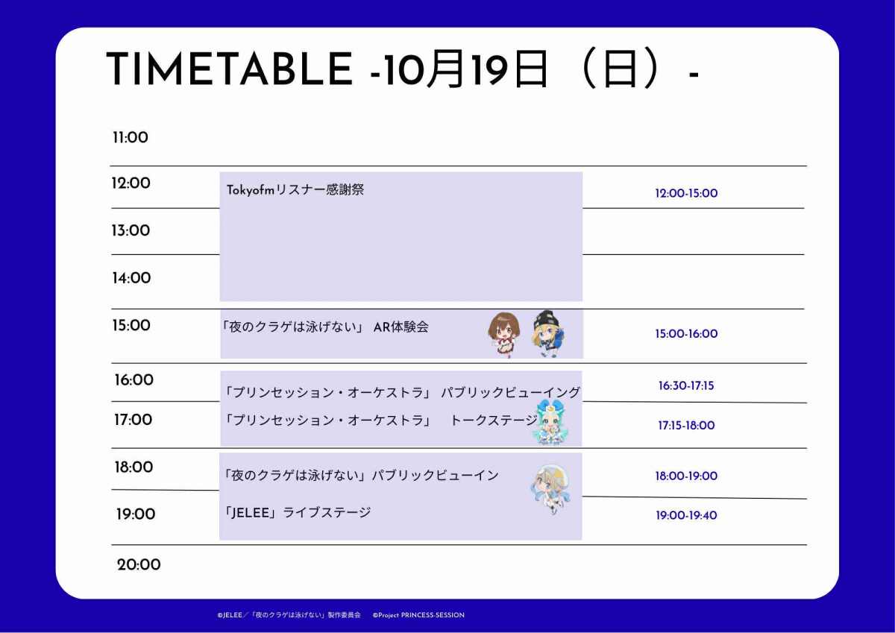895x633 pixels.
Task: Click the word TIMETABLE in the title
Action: [x=230, y=69]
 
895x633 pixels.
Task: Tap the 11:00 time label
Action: [x=131, y=137]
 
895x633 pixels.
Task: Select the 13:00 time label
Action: [x=131, y=230]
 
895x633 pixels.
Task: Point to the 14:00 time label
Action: [x=131, y=278]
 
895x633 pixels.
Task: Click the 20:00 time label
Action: [x=139, y=564]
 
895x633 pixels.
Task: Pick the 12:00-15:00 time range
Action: [x=686, y=193]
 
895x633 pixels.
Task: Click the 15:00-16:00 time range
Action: [x=686, y=333]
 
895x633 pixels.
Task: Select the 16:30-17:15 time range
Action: [x=686, y=385]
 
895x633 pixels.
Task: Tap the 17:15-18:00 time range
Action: [x=686, y=425]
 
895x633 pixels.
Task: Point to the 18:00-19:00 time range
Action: [x=686, y=476]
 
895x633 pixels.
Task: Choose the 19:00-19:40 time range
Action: [x=686, y=515]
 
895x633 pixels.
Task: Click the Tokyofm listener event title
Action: [x=295, y=189]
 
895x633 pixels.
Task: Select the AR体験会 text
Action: [x=401, y=327]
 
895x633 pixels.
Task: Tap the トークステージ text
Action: [x=494, y=421]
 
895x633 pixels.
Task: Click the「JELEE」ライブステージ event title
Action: [x=298, y=512]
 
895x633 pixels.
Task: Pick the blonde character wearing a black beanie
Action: [x=549, y=333]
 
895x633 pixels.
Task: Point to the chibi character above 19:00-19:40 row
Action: [x=551, y=489]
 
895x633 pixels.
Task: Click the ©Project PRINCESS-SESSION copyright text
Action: [x=418, y=615]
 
